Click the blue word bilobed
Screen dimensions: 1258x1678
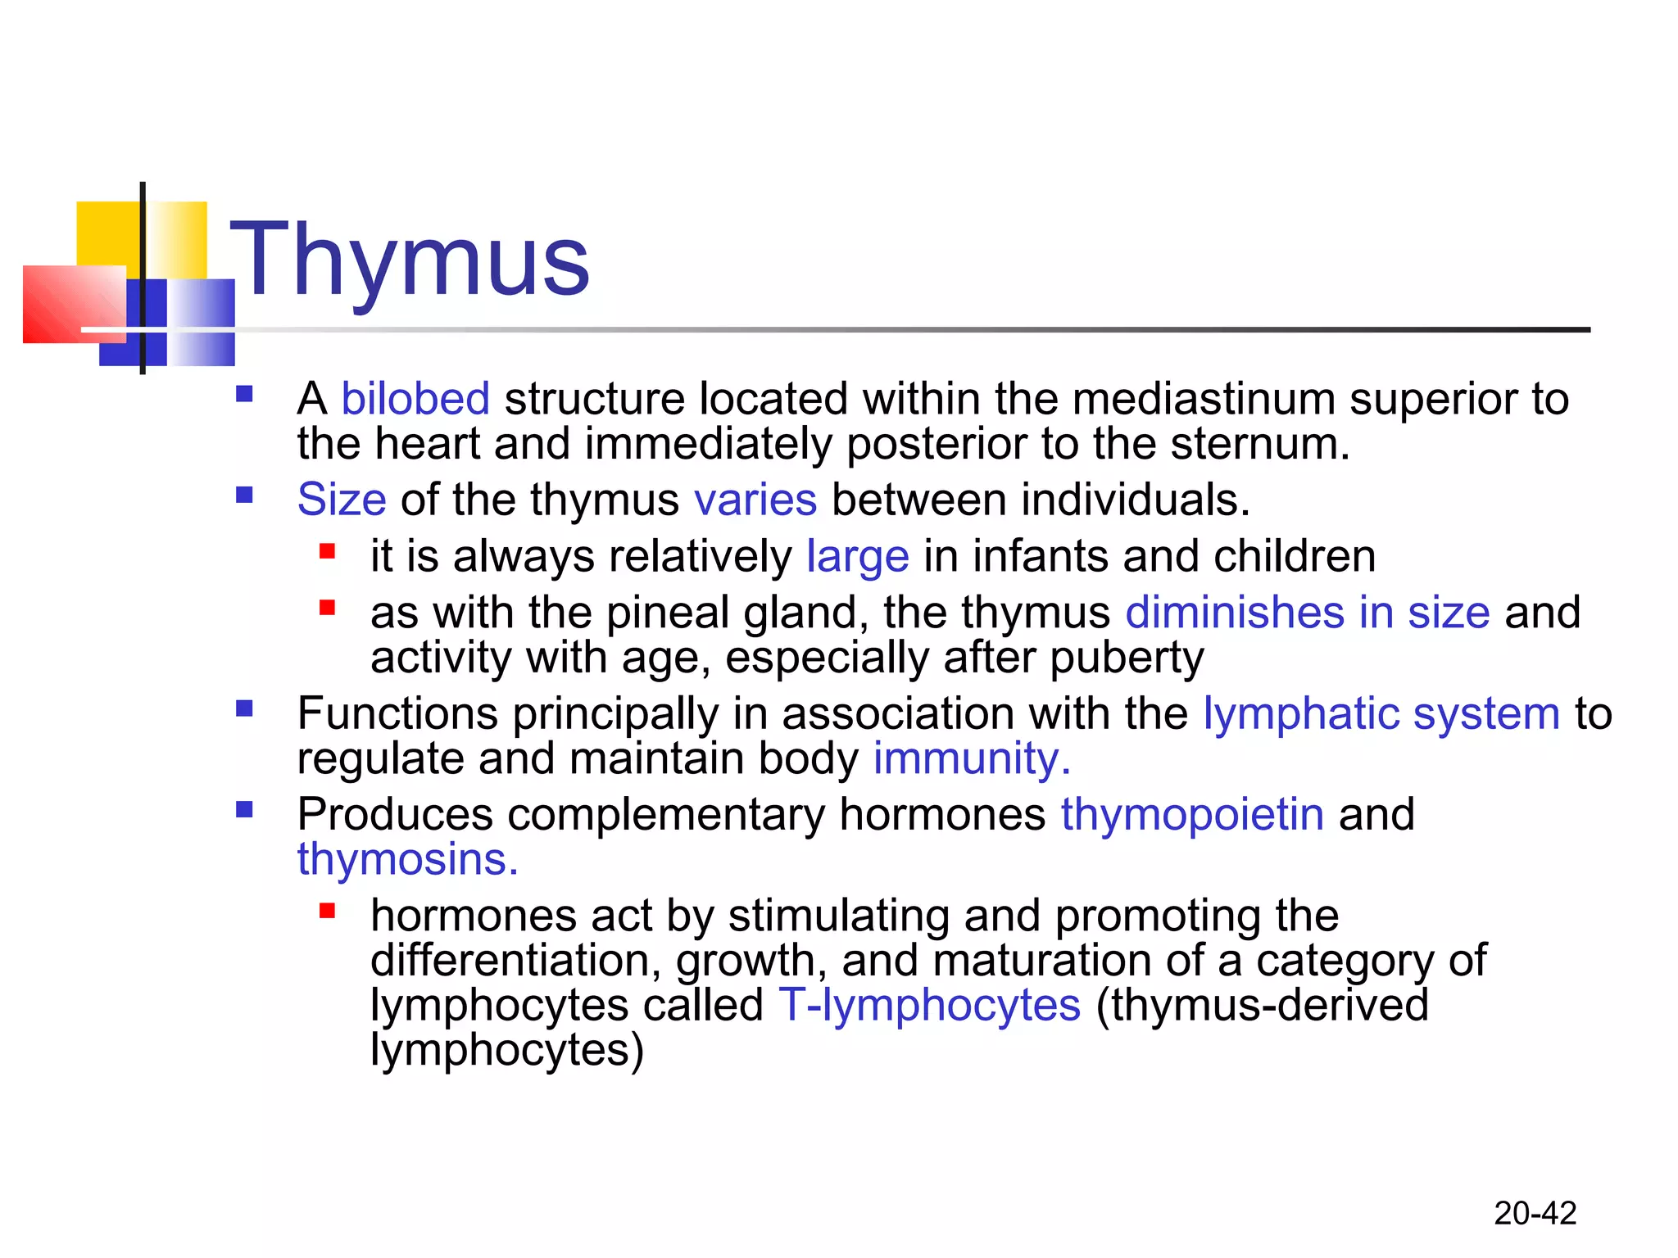[x=415, y=400]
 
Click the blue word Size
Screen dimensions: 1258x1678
[x=342, y=500]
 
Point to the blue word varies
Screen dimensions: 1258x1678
[x=755, y=500]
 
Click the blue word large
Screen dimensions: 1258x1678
[x=857, y=557]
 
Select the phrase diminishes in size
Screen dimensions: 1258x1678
[x=1307, y=613]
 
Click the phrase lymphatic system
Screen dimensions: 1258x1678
[x=1381, y=713]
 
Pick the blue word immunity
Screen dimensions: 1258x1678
[x=971, y=758]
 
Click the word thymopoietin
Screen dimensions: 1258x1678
[x=1192, y=815]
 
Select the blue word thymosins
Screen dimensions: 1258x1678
[x=407, y=860]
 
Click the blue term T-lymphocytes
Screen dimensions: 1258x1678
[x=929, y=1006]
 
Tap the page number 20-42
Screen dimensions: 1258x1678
[x=1535, y=1213]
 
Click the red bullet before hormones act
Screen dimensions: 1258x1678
[x=328, y=911]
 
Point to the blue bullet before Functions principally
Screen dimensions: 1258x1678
[x=244, y=708]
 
